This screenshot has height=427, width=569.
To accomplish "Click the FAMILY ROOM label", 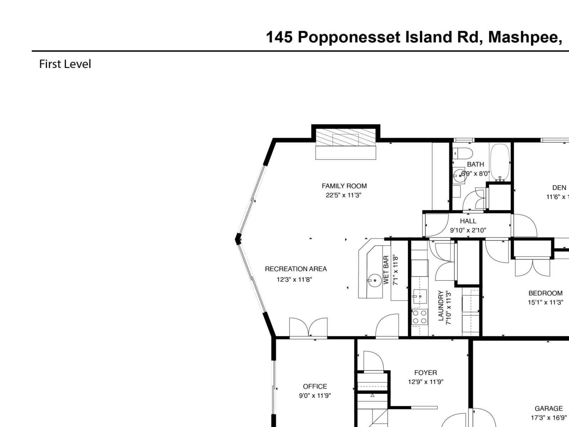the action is pos(344,186).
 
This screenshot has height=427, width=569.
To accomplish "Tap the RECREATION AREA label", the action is pos(296,269).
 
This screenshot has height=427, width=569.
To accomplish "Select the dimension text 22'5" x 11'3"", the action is pos(344,195).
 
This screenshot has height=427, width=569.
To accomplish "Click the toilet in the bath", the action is pos(463,153).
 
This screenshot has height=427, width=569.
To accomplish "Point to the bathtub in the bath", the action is pos(500,162).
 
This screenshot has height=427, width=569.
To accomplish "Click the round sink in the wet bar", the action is pos(375,280).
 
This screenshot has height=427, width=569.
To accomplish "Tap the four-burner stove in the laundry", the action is pos(420,317).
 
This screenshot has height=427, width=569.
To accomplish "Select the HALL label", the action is pos(468,221).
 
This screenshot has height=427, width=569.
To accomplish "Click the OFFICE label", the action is pos(315,386).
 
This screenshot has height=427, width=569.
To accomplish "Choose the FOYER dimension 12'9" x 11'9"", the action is pos(426,381).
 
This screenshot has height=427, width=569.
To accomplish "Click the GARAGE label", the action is pos(549,408).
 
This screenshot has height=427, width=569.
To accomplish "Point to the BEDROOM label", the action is pos(546,293).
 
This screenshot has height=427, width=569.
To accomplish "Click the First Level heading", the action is pos(65,64).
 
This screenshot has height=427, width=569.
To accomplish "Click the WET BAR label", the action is pos(386,270).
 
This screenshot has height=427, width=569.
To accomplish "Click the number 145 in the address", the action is pos(279,37).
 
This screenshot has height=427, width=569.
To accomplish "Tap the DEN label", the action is pos(559,188).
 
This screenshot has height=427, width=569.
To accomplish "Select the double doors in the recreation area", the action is pos(308,327).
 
